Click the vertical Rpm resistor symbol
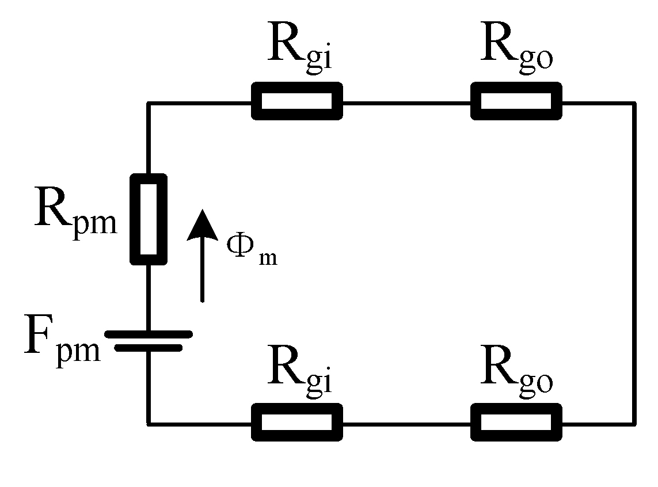coord(149,219)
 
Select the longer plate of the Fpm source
coord(149,334)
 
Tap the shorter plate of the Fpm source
coord(149,347)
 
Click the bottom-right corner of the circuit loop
coord(635,424)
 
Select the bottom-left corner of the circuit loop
coord(149,424)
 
